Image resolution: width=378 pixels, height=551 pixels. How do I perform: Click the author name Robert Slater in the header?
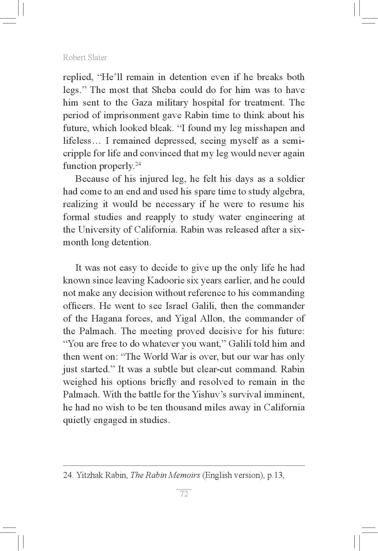[x=85, y=57]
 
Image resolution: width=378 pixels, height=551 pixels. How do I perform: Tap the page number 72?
[x=184, y=494]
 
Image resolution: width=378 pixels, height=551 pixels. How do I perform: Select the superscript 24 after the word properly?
[x=138, y=163]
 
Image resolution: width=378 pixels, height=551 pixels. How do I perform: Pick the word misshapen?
[x=258, y=128]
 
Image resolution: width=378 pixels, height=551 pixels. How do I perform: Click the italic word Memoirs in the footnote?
[x=184, y=475]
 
